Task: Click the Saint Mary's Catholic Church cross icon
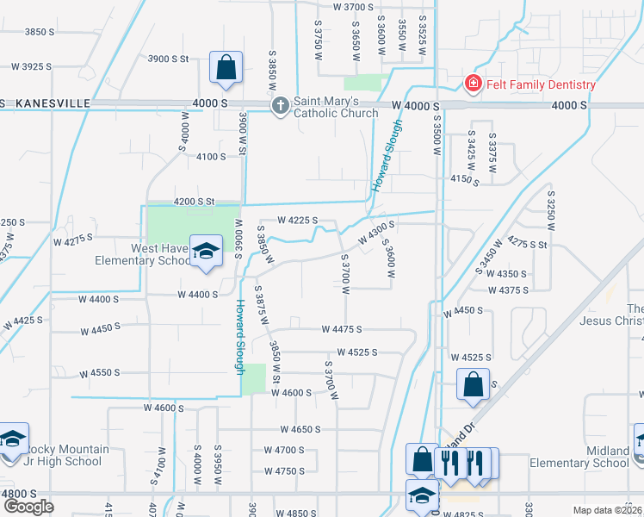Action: coord(280,106)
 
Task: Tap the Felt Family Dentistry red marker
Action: coord(473,84)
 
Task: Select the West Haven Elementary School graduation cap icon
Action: coord(206,251)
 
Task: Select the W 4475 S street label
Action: coord(342,329)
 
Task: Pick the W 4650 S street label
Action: coord(300,428)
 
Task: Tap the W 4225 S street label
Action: coord(297,221)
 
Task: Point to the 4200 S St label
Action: coord(194,201)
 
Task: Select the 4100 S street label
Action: coord(211,157)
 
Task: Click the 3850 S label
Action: coord(40,32)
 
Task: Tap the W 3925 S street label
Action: coord(30,66)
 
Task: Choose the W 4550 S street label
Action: coord(100,373)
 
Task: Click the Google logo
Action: coord(28,506)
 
